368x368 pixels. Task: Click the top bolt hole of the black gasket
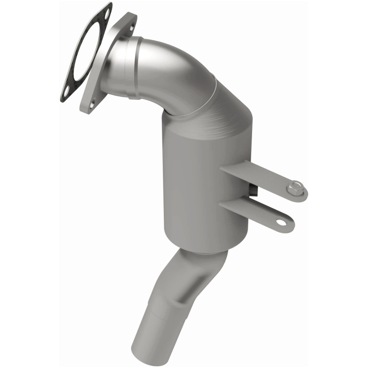tap(106, 14)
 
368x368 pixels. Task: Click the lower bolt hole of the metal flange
tap(92, 105)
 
